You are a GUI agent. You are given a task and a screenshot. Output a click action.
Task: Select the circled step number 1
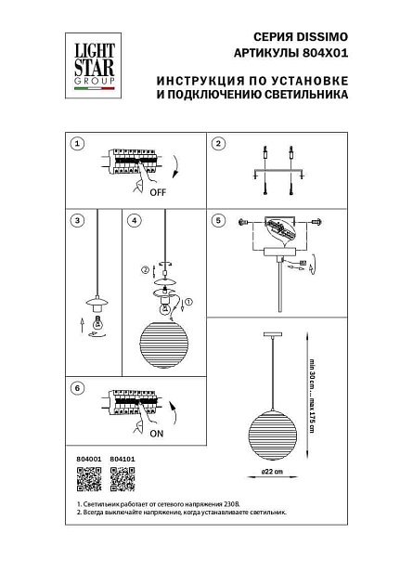tap(78, 144)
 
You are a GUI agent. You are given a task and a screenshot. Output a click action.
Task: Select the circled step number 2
tap(219, 144)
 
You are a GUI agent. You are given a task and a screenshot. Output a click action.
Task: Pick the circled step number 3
tap(78, 221)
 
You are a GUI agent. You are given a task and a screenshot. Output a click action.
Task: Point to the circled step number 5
tap(219, 221)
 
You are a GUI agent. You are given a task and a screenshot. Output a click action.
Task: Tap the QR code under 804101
tap(122, 479)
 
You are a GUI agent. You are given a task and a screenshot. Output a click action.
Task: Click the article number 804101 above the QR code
tap(122, 459)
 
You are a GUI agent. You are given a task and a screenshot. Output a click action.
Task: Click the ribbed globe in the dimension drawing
tap(273, 431)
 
